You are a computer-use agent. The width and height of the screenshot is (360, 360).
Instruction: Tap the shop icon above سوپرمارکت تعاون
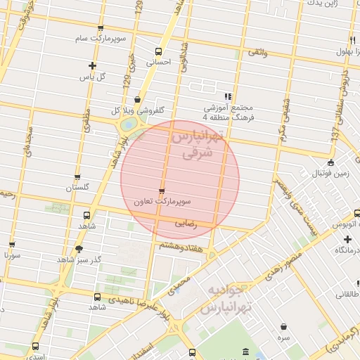coord(162,191)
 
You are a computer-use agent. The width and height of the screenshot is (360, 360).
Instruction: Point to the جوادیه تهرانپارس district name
coord(227,300)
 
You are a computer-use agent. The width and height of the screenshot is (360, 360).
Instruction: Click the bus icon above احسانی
coord(158,51)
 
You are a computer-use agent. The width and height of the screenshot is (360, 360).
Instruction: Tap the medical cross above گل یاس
coord(93,65)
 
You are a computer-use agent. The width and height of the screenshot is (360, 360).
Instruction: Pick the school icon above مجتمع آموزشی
coord(227,96)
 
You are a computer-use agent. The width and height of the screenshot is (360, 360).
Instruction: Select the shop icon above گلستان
coord(77,177)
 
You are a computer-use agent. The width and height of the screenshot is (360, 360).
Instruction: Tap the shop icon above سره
coord(283,327)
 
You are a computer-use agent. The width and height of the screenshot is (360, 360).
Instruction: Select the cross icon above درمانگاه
coord(347,240)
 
